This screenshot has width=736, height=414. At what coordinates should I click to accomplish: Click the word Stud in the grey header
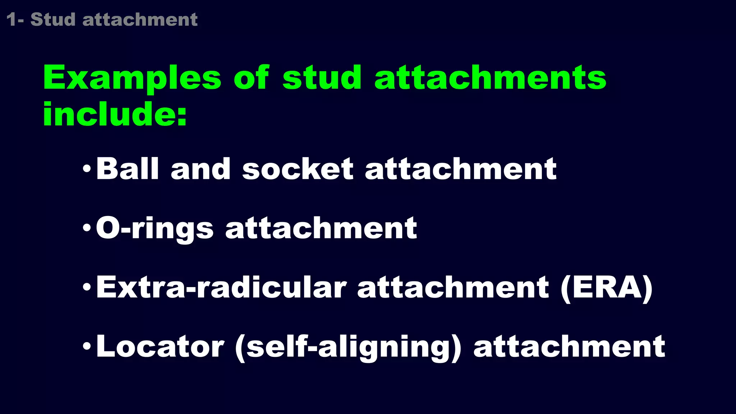[53, 19]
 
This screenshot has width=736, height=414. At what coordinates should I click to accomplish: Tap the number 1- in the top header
[15, 19]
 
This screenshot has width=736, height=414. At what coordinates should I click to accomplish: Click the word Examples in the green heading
[132, 78]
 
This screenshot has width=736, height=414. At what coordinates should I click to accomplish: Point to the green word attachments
[490, 78]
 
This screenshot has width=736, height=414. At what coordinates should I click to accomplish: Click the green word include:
[115, 114]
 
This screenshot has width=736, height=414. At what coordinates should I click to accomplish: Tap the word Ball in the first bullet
[127, 169]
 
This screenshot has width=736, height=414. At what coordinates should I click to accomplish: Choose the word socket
[298, 169]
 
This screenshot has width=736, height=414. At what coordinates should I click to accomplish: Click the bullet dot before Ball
[87, 168]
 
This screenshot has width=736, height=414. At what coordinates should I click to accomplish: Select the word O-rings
[155, 229]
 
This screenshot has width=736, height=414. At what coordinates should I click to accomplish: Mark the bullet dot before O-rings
[87, 227]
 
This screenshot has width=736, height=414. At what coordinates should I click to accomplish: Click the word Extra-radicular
[221, 287]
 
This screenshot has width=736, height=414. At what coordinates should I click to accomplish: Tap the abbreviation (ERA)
[606, 288]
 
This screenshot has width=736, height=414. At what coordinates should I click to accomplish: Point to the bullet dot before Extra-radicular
[87, 287]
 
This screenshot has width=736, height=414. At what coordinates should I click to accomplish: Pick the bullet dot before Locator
[87, 346]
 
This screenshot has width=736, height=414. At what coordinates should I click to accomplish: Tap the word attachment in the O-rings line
[321, 228]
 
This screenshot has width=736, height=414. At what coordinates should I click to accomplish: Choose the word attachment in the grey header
[140, 19]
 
